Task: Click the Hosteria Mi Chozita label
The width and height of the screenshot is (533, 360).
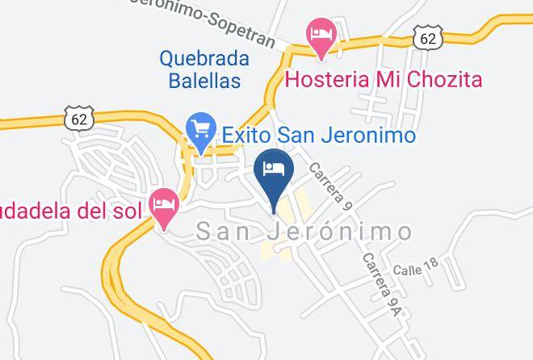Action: (x=384, y=79)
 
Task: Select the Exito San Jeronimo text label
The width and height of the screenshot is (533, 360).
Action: (x=318, y=135)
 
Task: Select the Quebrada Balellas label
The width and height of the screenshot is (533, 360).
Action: (x=204, y=69)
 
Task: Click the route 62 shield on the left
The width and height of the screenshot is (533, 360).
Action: (x=80, y=119)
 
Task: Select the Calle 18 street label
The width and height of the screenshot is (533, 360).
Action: (x=415, y=266)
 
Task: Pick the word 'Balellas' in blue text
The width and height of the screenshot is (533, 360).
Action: (x=204, y=81)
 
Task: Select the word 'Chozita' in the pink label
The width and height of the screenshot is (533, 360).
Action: (x=444, y=79)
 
